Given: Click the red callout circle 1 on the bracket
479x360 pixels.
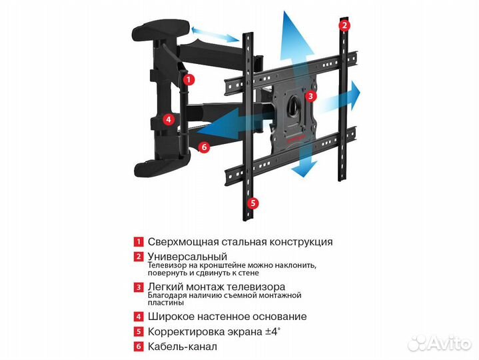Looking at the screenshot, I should (x=189, y=79).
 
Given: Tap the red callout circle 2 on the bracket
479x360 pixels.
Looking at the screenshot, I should (x=344, y=26).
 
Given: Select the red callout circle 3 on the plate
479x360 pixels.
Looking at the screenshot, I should (x=310, y=96).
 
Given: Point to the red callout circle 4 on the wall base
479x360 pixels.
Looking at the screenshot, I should (x=169, y=120).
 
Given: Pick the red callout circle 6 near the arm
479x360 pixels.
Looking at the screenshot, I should (x=205, y=147).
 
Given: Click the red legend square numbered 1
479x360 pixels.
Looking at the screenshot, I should (x=139, y=242).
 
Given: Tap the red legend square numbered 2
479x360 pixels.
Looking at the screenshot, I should (x=139, y=257).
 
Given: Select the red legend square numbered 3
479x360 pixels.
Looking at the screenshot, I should (x=139, y=287).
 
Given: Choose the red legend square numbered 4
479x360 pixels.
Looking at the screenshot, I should (x=139, y=317).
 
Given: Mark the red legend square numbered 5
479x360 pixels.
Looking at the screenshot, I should (x=139, y=331).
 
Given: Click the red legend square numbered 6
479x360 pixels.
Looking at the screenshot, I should (x=139, y=347).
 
